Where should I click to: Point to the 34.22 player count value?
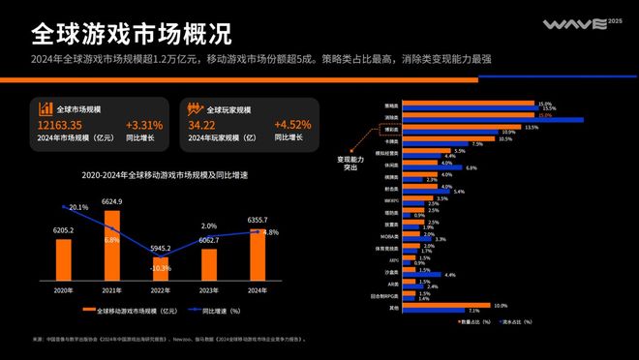click(202, 125)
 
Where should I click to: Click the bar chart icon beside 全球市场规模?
click(46, 107)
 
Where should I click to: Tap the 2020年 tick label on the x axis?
click(63, 291)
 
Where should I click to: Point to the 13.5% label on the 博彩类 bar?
click(531, 127)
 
